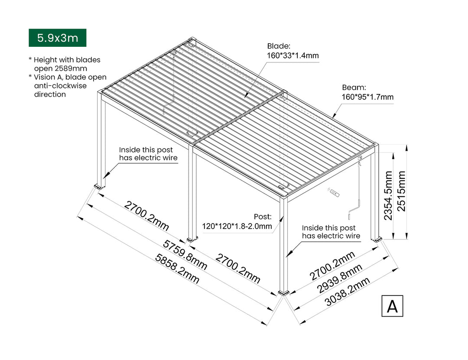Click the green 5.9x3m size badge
tap(58, 38)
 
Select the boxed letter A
tap(392, 306)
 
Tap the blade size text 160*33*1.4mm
tap(292, 55)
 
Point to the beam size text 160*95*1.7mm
tap(368, 97)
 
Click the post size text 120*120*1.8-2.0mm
tap(237, 226)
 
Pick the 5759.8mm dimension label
tap(185, 255)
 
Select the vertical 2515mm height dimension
tap(402, 191)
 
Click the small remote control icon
tap(334, 193)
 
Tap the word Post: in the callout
tap(263, 217)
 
